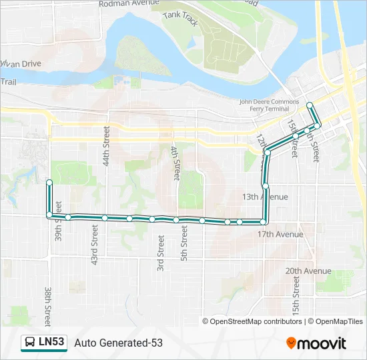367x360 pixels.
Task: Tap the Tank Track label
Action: (x=181, y=20)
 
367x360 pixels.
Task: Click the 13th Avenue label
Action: (x=265, y=197)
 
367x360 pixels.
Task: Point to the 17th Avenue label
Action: (x=280, y=234)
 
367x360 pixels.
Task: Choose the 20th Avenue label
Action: (x=308, y=271)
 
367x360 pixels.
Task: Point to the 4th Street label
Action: (x=175, y=163)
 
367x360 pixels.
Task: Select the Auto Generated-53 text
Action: (x=118, y=343)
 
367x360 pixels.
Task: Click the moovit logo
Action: (x=316, y=343)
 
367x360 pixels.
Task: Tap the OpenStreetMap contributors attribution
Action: (x=252, y=321)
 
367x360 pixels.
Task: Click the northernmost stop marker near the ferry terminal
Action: (x=310, y=105)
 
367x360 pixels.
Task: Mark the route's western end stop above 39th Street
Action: (x=49, y=182)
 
